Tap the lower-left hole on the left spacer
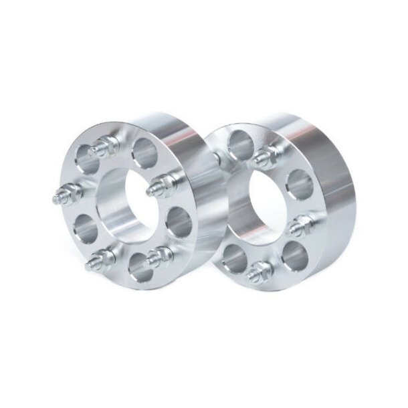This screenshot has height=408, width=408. [83, 227]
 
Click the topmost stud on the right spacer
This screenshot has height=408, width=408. [266, 155]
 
